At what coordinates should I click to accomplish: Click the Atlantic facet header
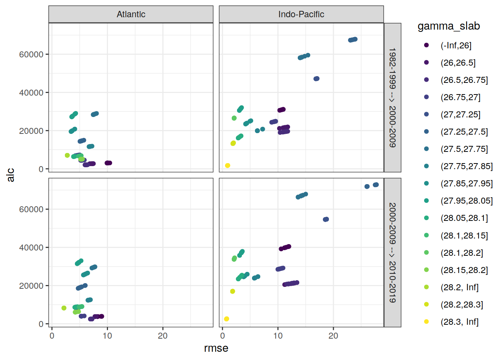coord(131,14)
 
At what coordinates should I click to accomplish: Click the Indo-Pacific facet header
coord(301,14)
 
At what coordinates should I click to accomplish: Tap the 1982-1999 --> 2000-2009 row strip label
coord(392,97)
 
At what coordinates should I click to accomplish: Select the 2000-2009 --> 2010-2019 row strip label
coord(392,252)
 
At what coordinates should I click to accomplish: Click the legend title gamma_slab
coord(448,26)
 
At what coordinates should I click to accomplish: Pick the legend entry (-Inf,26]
coord(456,45)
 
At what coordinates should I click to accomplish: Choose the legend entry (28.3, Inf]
coord(459,322)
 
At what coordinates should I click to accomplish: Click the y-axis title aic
coord(10,175)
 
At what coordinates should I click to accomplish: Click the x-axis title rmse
coord(216,348)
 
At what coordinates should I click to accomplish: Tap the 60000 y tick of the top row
coord(31,54)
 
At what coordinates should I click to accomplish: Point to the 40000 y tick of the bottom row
coord(31,247)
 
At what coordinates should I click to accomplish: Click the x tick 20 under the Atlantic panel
coord(163,336)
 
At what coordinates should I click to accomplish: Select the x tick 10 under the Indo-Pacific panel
coord(278,336)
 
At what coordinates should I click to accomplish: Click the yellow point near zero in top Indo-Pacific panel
coord(228,165)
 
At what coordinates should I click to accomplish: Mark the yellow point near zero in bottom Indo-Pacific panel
coord(226,319)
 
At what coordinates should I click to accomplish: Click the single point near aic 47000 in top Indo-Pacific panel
coord(316,79)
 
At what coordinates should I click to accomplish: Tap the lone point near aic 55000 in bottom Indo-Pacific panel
coord(326,219)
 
